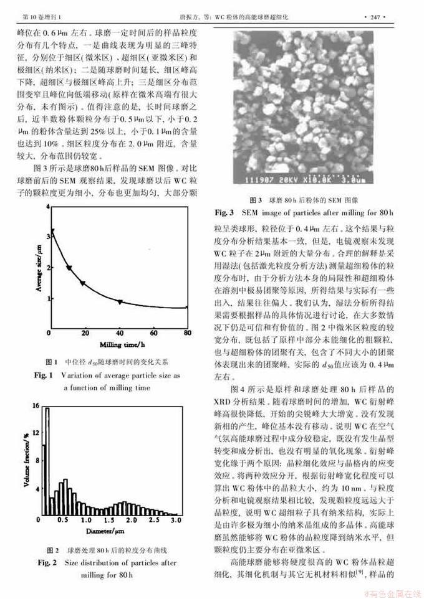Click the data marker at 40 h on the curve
pos(120,301)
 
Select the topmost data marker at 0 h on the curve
pos(52,231)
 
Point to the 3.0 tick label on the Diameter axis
pos(176,519)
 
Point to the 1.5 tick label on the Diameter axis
pos(108,519)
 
